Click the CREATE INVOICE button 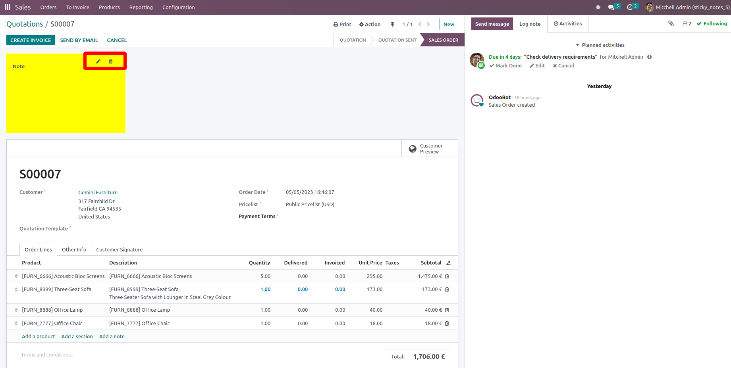click(31, 40)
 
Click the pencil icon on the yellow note click(98, 61)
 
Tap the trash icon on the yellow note click(111, 61)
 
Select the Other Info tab click(74, 249)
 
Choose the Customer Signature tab click(119, 249)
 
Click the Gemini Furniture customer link click(98, 192)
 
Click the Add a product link click(39, 336)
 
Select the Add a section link click(77, 336)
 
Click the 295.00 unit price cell click(374, 276)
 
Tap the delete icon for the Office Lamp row click(447, 310)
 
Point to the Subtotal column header click(431, 263)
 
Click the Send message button click(492, 24)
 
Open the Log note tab click(530, 24)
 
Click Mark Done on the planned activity click(506, 66)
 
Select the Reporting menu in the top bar click(141, 7)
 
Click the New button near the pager click(449, 24)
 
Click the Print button click(342, 24)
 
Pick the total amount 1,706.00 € click(429, 356)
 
